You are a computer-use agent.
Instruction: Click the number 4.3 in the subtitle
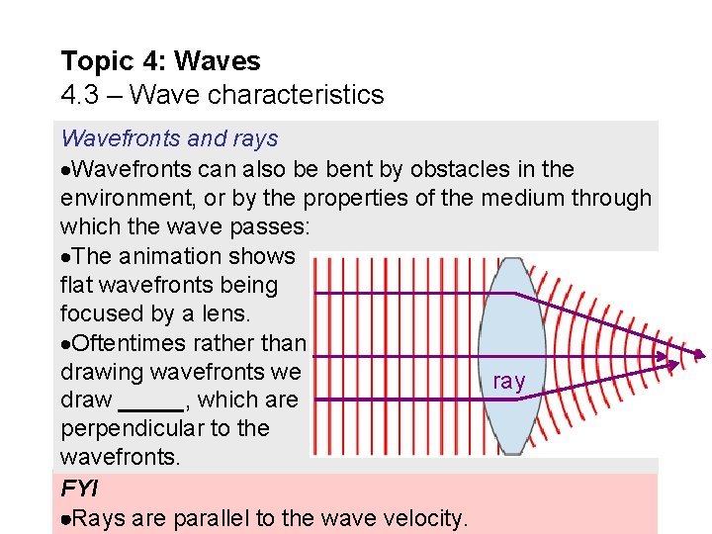(x=79, y=95)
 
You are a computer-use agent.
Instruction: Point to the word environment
(x=126, y=198)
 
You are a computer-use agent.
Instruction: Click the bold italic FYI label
(x=78, y=489)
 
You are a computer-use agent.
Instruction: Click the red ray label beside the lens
(x=508, y=382)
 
